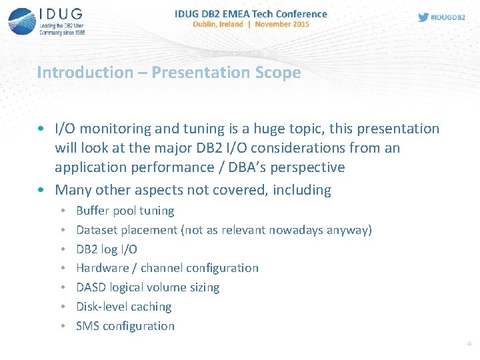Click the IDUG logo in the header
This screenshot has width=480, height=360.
coord(47,21)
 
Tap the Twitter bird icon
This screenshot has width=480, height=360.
coord(423,17)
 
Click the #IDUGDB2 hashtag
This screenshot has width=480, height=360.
coord(449,18)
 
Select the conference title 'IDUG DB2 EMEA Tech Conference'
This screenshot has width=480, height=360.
coord(251,13)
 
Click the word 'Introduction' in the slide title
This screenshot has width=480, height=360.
coord(85,72)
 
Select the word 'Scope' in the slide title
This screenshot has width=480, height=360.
coord(276,72)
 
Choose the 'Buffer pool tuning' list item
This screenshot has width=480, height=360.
coord(125,211)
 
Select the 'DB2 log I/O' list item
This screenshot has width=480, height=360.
coord(107,249)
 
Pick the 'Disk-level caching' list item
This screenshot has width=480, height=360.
coord(123,307)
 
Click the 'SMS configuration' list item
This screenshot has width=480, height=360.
coord(125,326)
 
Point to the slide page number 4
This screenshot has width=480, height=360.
coord(469,344)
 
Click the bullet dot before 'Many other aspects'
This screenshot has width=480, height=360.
coord(42,190)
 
